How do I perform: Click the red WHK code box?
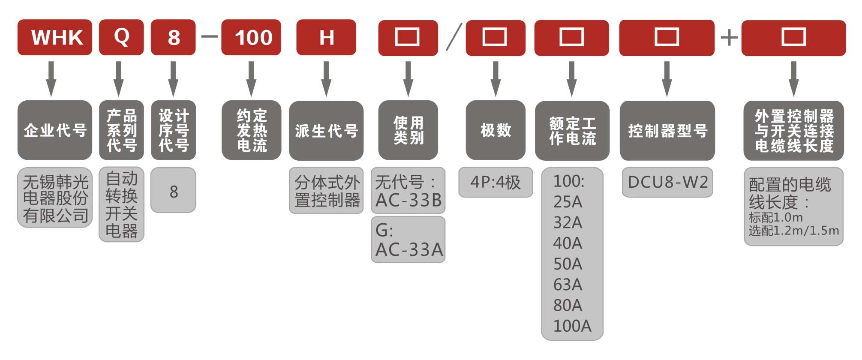(55, 37)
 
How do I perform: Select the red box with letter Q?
(121, 37)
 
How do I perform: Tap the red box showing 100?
(251, 37)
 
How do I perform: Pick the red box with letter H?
(326, 37)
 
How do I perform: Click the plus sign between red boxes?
(729, 38)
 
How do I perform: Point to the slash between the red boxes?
(454, 37)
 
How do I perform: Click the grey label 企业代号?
(55, 130)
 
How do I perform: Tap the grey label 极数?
(496, 130)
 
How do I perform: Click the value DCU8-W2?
(667, 182)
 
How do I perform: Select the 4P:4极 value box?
(496, 182)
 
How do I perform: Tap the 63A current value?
(568, 285)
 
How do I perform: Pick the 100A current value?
(572, 326)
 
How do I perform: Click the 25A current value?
(568, 202)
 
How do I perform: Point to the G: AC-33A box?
(408, 240)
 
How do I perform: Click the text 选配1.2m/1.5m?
(793, 231)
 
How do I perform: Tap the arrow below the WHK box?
(51, 79)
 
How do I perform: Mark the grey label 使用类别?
(408, 130)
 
